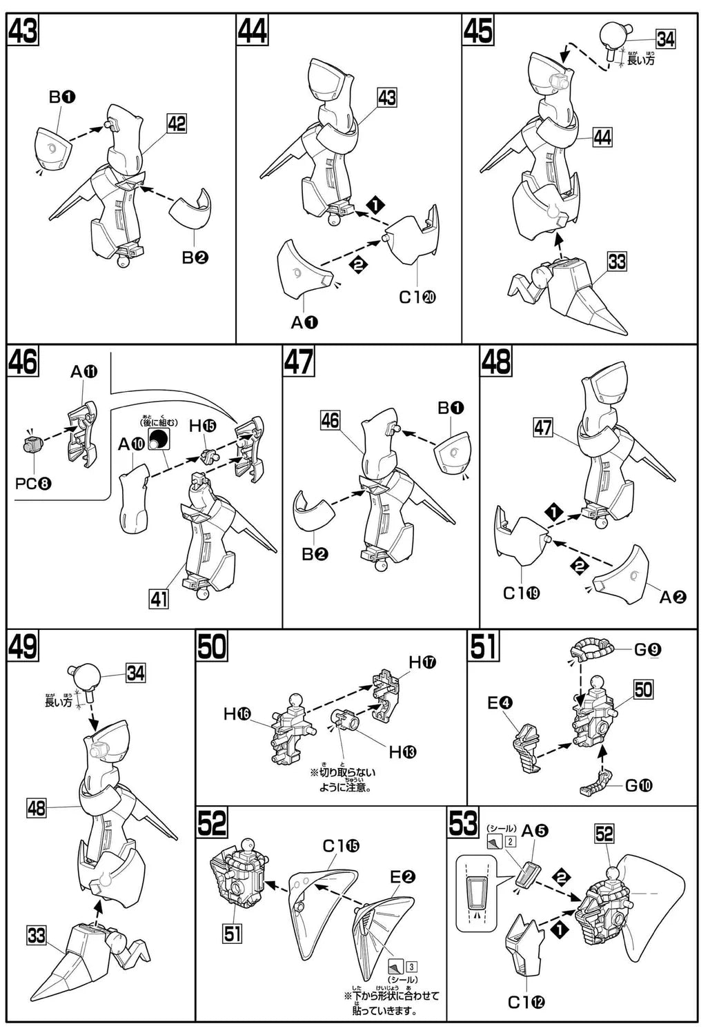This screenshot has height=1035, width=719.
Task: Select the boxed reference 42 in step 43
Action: [177, 124]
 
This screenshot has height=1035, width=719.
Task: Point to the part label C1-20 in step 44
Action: [417, 297]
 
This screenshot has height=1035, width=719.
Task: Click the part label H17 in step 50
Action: [422, 663]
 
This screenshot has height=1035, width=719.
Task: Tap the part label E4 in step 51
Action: [500, 703]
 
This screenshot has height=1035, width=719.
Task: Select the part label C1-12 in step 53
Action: [526, 1002]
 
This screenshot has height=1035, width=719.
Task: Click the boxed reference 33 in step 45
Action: [616, 262]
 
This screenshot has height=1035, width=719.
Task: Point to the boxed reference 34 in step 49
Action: [135, 672]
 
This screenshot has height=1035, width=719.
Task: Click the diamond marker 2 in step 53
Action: [561, 878]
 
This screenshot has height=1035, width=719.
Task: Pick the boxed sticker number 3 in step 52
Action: [411, 967]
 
